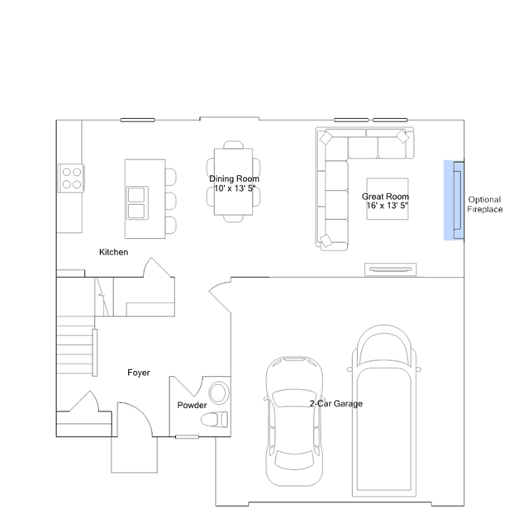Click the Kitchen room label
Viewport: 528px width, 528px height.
click(x=113, y=252)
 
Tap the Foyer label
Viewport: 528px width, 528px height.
click(x=138, y=373)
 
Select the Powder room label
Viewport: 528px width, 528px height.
click(x=192, y=405)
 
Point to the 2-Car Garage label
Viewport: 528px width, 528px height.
click(x=336, y=403)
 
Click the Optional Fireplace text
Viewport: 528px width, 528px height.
click(x=484, y=204)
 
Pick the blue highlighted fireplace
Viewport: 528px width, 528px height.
click(x=454, y=200)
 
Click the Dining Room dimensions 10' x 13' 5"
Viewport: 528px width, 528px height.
click(x=235, y=188)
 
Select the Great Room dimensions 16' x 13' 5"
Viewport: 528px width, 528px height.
click(x=388, y=206)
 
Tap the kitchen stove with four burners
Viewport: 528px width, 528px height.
click(x=71, y=178)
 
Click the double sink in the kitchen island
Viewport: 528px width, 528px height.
click(x=137, y=202)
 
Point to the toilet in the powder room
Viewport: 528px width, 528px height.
click(x=215, y=420)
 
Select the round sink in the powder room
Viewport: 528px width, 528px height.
click(x=219, y=392)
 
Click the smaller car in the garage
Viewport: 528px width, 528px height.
click(x=295, y=421)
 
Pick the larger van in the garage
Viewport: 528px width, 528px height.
click(x=384, y=411)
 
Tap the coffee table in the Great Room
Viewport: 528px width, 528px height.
click(x=388, y=199)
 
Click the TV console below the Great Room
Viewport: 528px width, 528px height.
click(x=391, y=269)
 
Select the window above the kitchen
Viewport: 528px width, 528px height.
click(x=138, y=120)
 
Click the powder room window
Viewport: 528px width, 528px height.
click(x=188, y=437)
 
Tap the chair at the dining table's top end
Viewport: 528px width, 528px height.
click(x=233, y=145)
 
